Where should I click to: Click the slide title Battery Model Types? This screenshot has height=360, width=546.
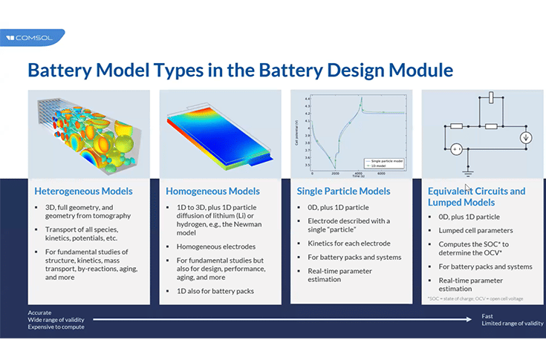click(x=239, y=71)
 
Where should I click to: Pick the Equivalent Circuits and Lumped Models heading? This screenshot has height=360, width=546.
click(x=476, y=196)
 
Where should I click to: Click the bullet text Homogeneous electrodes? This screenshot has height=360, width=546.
click(x=215, y=246)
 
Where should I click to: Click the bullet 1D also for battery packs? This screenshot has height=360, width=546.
click(x=215, y=291)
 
